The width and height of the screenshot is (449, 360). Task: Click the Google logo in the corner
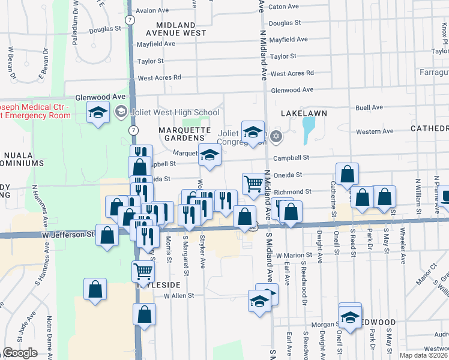point(20,353)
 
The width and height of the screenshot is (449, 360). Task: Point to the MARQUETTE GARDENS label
point(184,134)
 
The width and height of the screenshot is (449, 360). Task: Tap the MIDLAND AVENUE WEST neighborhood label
point(175,29)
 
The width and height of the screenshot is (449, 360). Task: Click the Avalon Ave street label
point(152,11)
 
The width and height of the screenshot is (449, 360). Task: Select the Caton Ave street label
point(284,7)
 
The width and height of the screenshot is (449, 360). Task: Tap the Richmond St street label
point(293,192)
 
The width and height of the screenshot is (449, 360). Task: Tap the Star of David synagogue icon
point(276,136)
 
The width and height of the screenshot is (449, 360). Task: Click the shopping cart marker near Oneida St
point(253,184)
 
